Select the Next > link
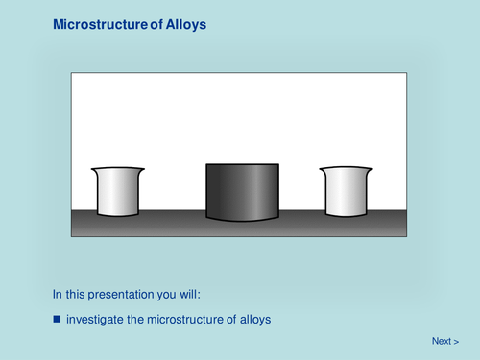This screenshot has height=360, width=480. (x=444, y=341)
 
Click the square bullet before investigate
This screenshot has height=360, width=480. (x=57, y=319)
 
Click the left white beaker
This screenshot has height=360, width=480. (x=118, y=192)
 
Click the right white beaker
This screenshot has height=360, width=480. (x=347, y=192)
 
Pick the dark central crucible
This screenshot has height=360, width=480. (x=242, y=192)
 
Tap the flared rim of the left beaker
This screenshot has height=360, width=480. (x=118, y=170)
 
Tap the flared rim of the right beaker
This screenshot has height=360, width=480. (x=347, y=170)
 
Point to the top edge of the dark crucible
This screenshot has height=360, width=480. (x=242, y=164)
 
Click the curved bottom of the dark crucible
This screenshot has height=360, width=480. (x=242, y=221)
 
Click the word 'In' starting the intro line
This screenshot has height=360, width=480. (x=57, y=294)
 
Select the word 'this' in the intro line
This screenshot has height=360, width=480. (x=78, y=294)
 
